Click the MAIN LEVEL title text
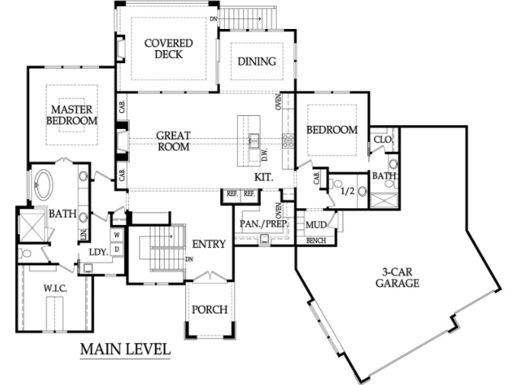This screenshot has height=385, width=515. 126,349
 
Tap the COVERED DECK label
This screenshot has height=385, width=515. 168,49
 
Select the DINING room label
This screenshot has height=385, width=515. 257,61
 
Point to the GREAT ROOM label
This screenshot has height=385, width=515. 174,141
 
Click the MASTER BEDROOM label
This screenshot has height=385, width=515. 72,115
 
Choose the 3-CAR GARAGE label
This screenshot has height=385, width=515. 398,278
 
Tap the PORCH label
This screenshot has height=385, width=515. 210,310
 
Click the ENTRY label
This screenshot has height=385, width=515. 209,244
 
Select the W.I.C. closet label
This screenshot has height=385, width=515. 56,289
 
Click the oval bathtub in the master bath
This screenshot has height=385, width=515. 43,184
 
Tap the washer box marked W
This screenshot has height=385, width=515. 117,235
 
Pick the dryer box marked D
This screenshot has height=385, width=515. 117,249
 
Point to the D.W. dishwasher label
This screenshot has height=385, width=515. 264,154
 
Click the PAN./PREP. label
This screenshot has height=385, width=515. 264,224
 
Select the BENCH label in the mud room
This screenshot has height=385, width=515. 316,241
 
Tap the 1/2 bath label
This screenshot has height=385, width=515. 347,191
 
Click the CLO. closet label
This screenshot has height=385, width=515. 383,140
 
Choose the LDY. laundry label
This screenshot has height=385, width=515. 99,252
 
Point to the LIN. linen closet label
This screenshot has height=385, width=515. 83,234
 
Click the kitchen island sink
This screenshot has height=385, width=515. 254,140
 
